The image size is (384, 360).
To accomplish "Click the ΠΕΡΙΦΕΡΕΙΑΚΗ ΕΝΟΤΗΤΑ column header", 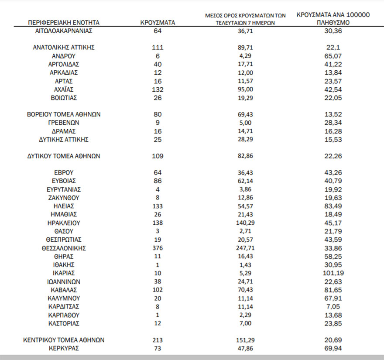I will coord(64,22).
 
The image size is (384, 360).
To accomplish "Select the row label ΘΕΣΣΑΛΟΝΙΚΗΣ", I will coord(64,248).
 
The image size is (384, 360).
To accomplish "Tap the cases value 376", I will coord(158,248).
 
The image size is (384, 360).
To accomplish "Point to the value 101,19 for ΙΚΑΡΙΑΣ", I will coord(333,273).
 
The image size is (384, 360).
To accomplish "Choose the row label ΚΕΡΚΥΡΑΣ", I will coord(64,348).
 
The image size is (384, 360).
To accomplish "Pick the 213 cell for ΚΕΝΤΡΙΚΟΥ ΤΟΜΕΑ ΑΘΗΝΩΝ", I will coord(158,340).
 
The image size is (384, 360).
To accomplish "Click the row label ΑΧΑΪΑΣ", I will coord(64,89).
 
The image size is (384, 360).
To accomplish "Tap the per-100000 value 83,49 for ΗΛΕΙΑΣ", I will coord(333,206).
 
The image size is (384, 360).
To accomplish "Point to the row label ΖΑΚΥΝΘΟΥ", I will coord(64,198).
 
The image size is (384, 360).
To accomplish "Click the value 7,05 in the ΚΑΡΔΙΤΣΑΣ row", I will coord(333,306).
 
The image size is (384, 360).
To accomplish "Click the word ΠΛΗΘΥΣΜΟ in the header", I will coord(333,22).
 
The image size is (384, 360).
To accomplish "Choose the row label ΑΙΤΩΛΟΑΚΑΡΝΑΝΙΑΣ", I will coord(64,31).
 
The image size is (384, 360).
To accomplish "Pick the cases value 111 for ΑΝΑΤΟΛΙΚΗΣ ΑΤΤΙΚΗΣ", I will coord(158,48).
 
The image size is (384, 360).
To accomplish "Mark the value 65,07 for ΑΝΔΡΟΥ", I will coord(333,56).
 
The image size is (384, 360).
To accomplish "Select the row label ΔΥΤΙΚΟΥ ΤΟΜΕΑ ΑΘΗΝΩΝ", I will coord(64,156).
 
